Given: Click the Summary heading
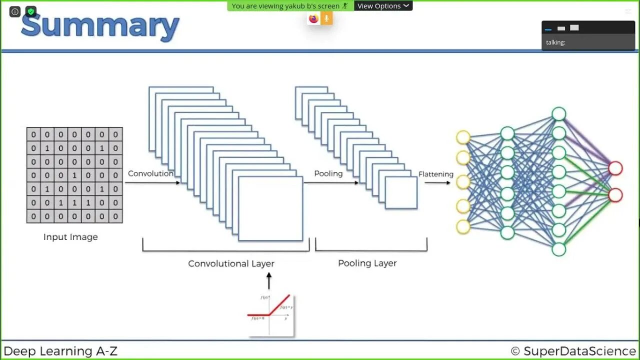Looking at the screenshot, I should tap(100, 27).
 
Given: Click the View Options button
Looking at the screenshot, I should tap(383, 6).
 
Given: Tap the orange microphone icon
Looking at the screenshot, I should tap(326, 19).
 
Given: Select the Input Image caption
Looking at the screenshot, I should tap(70, 237).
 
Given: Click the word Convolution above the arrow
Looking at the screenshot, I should tap(150, 173).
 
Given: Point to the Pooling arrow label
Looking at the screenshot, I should tap(328, 173).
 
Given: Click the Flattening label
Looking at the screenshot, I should tap(436, 174).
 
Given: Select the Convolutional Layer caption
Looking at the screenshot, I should tap(231, 263).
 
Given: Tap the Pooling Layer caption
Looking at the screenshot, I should tap(367, 263).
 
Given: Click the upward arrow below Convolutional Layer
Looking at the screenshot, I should tap(269, 281).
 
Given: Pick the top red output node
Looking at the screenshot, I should tap(615, 168).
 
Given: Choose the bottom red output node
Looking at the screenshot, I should tap(615, 194).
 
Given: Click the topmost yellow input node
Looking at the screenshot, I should tap(463, 137).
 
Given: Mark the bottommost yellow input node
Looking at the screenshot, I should tap(463, 226).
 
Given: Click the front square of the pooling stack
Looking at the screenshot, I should tap(401, 192).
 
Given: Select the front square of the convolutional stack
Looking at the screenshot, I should tap(270, 208).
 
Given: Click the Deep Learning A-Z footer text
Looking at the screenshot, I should tap(60, 351).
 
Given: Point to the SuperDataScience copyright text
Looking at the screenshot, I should tap(573, 351).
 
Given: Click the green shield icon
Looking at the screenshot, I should tap(31, 11).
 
